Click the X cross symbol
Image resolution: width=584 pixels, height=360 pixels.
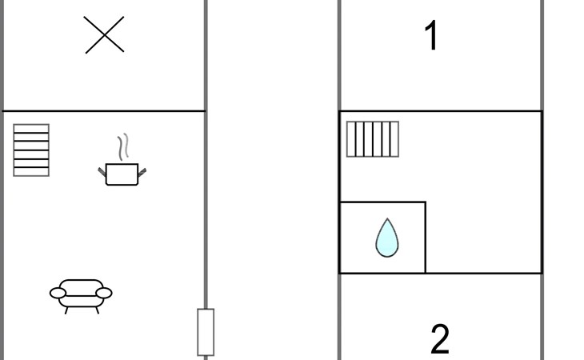(104, 36)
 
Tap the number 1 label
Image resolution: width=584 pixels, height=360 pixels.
(431, 36)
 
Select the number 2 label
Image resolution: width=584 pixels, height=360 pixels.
(439, 339)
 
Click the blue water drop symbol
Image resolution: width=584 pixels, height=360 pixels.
(386, 239)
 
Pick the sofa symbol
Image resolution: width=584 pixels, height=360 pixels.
(81, 293)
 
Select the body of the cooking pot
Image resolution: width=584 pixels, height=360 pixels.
(122, 174)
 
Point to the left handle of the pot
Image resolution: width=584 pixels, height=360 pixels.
(102, 170)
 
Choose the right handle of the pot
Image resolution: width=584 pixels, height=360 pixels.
(143, 170)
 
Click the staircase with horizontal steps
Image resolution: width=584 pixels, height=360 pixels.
(31, 150)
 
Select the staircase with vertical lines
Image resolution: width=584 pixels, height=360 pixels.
(372, 138)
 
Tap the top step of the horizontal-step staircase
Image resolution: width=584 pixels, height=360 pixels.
(31, 128)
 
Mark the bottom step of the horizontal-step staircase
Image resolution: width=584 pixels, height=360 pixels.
(31, 171)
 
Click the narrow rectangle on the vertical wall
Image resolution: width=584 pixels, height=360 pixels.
(206, 331)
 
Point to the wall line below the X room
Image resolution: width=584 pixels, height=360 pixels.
(104, 110)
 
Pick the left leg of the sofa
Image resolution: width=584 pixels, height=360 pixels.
(66, 309)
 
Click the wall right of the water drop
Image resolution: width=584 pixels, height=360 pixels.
(425, 238)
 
